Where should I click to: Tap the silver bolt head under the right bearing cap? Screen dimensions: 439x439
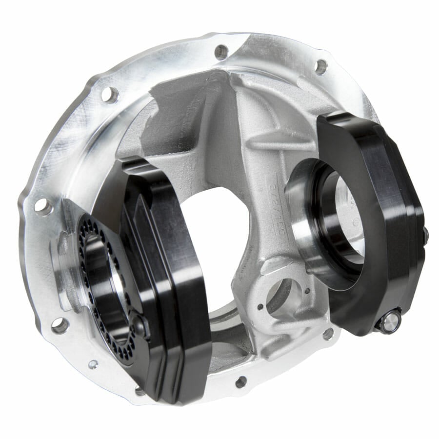click(391, 321)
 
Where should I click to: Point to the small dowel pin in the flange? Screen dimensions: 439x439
click(92, 364)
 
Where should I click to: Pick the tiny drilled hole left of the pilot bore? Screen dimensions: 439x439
click(260, 307)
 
